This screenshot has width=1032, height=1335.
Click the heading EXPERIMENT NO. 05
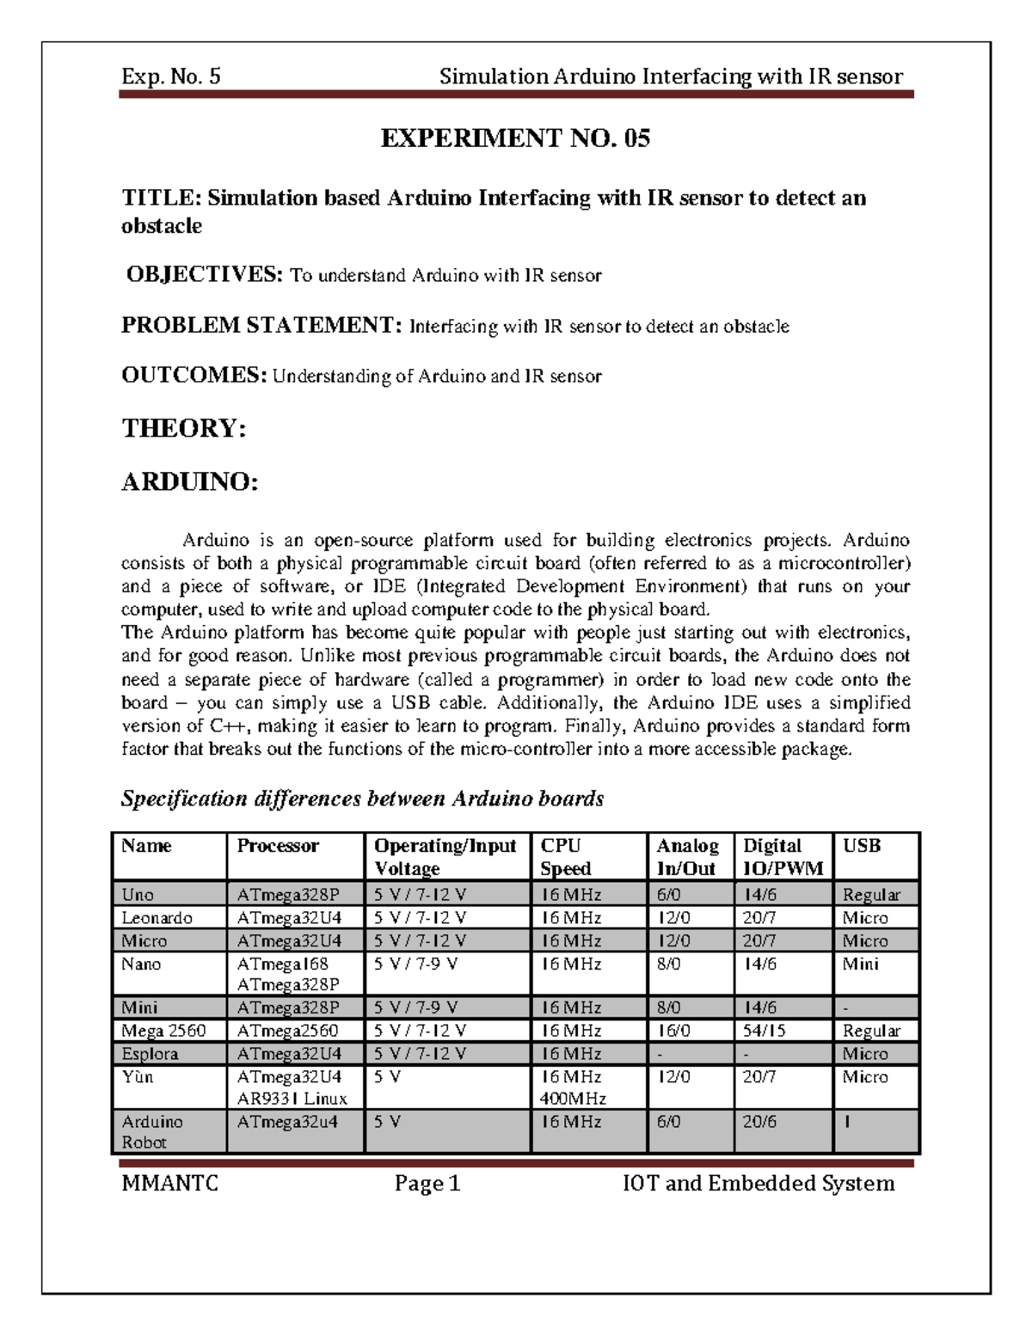click(x=515, y=138)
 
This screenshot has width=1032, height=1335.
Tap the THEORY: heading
click(x=184, y=428)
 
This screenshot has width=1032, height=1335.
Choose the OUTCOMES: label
click(x=194, y=375)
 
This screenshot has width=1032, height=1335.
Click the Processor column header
click(x=278, y=846)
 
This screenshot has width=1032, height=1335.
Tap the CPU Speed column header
click(x=565, y=857)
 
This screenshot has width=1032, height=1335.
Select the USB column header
click(x=861, y=846)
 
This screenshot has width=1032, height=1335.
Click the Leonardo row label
click(x=157, y=918)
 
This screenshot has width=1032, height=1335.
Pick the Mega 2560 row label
click(x=163, y=1031)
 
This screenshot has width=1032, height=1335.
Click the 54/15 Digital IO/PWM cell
click(x=765, y=1031)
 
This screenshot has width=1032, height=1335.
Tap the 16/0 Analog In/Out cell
click(x=673, y=1031)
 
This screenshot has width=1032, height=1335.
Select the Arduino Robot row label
click(x=152, y=1132)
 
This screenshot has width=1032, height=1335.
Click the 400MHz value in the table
click(x=573, y=1099)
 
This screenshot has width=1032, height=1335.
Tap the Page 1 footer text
click(x=427, y=1184)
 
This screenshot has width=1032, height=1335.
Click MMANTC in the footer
click(x=170, y=1184)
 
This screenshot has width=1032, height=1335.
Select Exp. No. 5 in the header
click(x=171, y=77)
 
